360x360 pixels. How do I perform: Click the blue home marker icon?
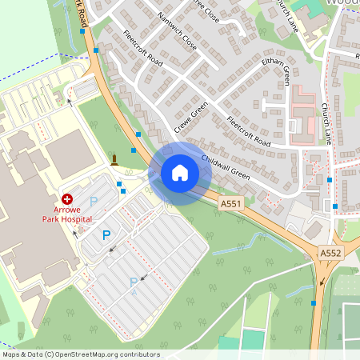(179, 173)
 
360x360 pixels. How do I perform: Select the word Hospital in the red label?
(74, 218)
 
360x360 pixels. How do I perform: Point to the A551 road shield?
(230, 205)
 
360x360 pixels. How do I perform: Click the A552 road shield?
(330, 253)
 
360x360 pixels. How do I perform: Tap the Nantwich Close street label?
(177, 31)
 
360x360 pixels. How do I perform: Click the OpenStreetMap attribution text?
(81, 354)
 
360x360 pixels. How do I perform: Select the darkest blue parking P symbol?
(106, 235)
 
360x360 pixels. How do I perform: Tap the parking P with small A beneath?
(134, 282)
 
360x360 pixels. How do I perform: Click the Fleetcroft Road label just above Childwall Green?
(249, 133)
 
